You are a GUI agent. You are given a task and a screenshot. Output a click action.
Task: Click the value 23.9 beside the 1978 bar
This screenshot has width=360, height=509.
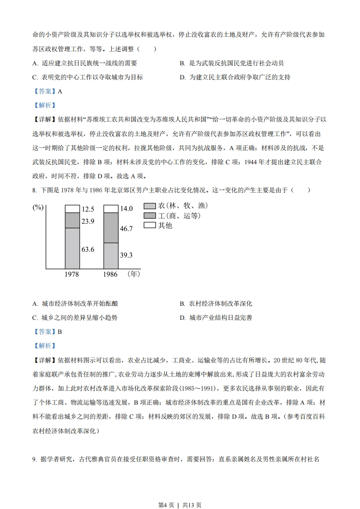88,221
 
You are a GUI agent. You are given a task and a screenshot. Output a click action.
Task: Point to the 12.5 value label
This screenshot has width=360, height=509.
88,209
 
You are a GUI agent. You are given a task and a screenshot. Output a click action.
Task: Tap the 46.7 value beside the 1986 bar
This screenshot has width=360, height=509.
126,229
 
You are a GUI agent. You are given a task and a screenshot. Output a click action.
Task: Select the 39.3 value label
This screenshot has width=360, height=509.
126,255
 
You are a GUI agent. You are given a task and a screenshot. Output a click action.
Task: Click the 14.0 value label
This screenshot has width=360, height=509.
126,209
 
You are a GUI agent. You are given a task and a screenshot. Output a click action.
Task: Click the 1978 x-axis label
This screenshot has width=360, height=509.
72,274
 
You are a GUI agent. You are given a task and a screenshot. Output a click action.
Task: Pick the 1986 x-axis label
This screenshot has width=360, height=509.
110,274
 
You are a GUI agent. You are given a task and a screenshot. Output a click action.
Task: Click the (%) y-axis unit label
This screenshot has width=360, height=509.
38,207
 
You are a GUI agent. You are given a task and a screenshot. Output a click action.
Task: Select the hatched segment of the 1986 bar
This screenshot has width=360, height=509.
110,228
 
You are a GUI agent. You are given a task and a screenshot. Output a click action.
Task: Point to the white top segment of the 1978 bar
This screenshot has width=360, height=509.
72,209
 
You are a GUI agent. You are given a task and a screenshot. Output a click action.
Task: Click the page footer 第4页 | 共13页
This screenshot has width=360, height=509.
180,492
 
